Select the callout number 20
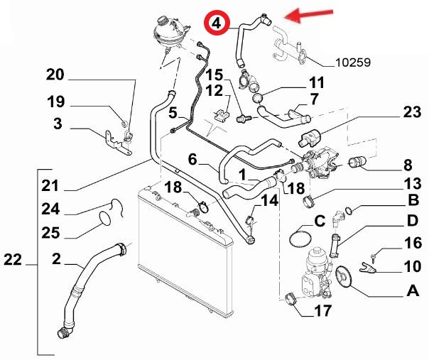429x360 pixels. (55, 75)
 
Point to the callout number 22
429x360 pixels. (12, 261)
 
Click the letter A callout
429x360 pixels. (411, 291)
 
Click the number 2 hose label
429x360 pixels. (55, 261)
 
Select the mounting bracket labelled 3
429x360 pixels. (114, 139)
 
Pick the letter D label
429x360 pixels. (411, 220)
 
